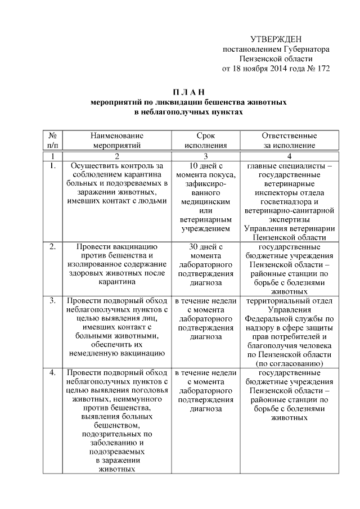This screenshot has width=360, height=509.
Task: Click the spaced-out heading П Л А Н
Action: click(188, 92)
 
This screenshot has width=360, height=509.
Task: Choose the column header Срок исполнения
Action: click(206, 140)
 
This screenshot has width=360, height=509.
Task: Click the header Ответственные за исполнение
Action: click(290, 140)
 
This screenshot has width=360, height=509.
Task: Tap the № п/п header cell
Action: click(52, 140)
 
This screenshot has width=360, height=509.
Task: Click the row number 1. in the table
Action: click(52, 166)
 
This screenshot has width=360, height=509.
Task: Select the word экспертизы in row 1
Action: click(290, 219)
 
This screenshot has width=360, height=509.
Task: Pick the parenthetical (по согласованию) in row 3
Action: click(290, 363)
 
